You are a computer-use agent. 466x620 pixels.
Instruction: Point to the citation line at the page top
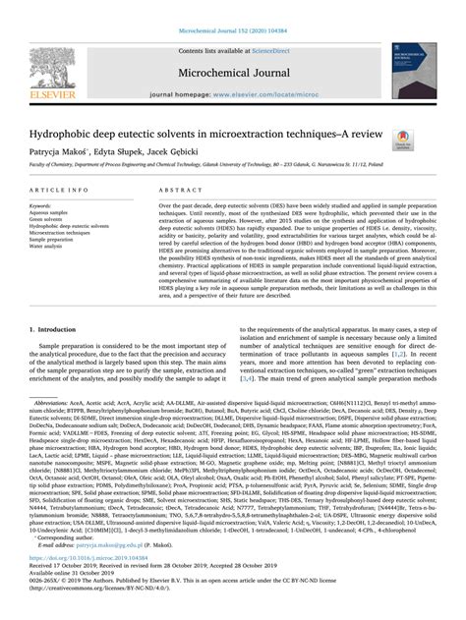click(x=232, y=8)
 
